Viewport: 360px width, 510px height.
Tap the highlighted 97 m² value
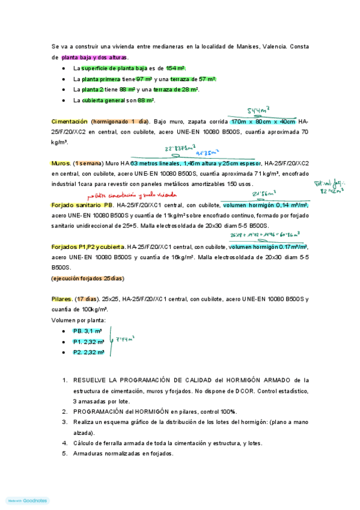(144, 79)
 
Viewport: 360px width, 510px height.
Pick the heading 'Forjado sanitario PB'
(82, 205)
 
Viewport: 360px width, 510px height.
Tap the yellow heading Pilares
(62, 299)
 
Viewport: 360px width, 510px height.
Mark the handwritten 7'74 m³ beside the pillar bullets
(124, 340)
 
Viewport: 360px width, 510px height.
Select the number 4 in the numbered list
(65, 443)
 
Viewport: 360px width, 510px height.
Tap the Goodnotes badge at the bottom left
(28, 500)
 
